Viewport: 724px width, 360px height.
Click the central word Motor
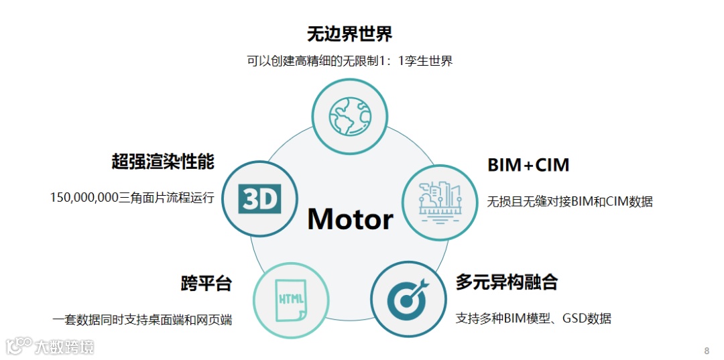coord(350,219)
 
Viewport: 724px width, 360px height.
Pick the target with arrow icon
coord(408,298)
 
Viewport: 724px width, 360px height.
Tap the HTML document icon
coord(290,300)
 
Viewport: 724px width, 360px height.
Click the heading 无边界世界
coord(349,34)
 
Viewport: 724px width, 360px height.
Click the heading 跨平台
coord(206,283)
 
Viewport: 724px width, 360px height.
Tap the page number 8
coord(707,351)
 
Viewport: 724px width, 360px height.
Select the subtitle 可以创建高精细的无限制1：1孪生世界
coord(349,62)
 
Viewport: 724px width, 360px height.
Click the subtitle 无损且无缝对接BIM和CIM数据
coord(569,201)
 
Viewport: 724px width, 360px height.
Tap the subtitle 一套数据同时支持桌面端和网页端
coord(142,320)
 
